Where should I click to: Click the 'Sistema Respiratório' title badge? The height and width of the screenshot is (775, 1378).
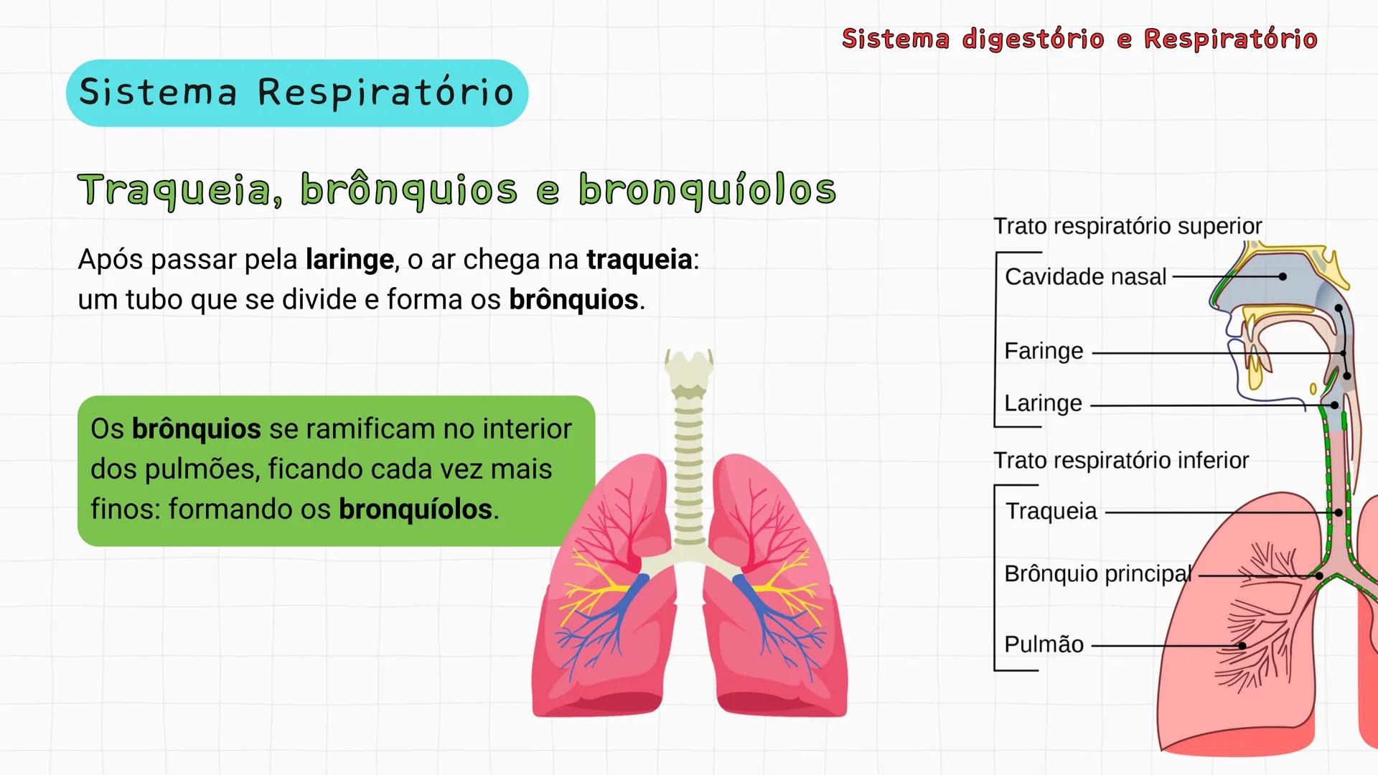pos(296,93)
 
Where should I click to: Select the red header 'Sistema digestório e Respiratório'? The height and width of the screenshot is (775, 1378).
pos(1079,39)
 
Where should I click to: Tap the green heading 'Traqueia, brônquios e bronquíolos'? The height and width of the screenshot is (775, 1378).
pos(456,189)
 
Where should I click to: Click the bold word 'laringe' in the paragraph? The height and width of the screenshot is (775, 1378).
pos(350,259)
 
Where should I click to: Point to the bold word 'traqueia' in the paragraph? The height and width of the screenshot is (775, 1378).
pos(639,259)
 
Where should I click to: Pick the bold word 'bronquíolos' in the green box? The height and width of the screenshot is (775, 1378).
pos(416,509)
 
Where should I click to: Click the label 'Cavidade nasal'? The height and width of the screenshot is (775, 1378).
pos(1085,276)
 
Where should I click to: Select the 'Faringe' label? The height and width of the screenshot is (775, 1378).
pos(1044,351)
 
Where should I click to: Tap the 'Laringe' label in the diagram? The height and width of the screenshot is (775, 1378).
pos(1043,403)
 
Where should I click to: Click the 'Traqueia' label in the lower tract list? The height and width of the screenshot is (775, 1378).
pos(1051,511)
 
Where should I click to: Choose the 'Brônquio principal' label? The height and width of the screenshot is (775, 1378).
pos(1098,573)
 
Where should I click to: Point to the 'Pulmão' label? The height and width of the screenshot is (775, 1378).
pos(1044,644)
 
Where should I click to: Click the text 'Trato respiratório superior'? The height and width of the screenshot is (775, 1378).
pos(1127,226)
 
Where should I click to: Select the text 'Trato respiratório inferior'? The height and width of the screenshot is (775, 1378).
pos(1121,460)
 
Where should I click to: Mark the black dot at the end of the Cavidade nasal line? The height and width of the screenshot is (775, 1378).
pos(1283,276)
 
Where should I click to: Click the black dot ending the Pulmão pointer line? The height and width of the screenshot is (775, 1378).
pos(1242,646)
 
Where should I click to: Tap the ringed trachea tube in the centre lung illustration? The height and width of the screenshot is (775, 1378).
pos(688,474)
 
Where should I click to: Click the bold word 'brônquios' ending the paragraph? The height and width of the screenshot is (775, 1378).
pos(573,299)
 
